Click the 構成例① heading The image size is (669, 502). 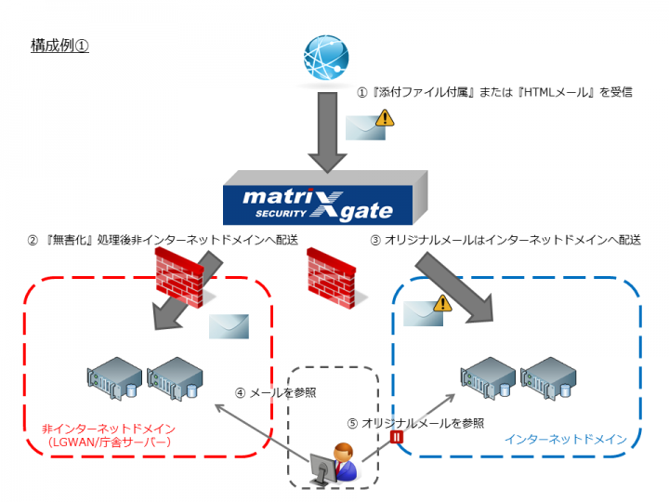coord(59,46)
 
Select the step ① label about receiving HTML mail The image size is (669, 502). coord(495,93)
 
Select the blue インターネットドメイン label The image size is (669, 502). coord(565,439)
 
